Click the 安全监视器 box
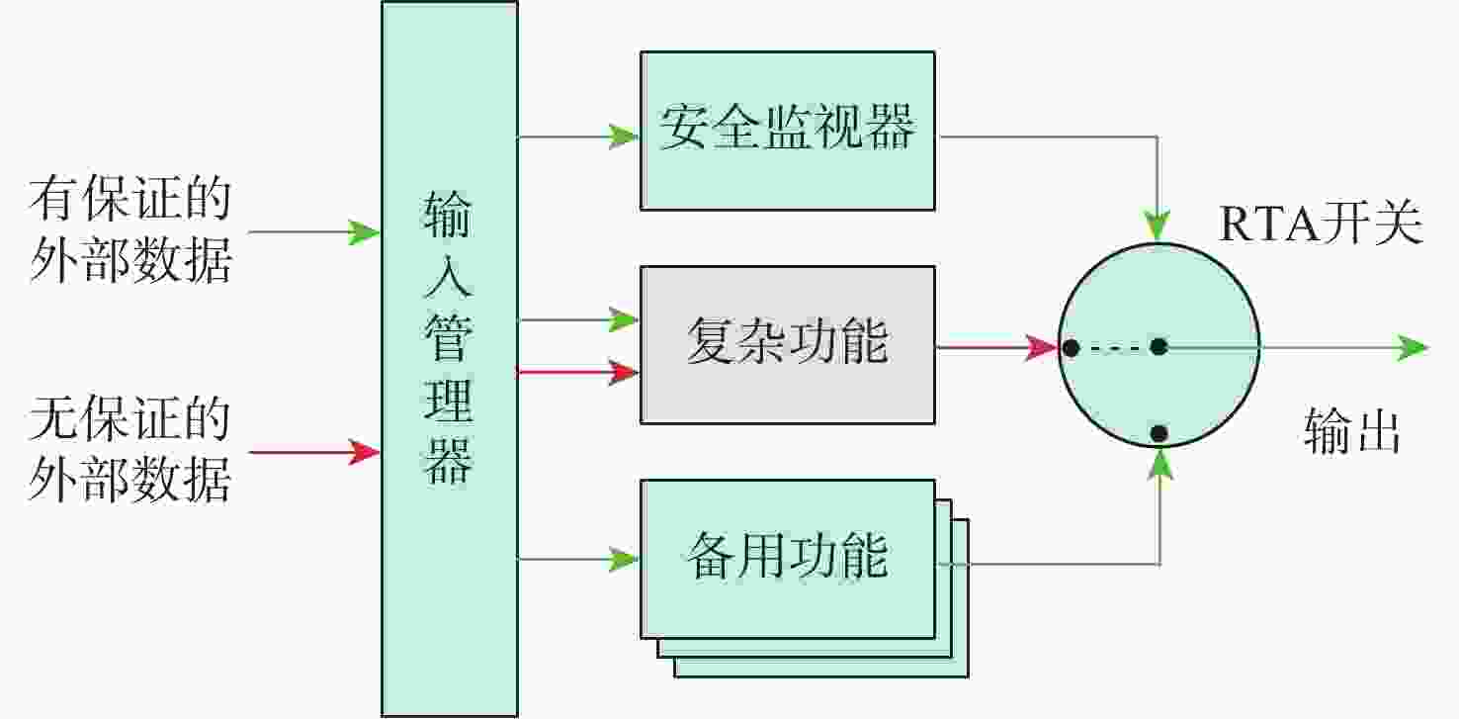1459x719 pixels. [x=788, y=131]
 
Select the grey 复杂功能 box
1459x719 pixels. [x=788, y=345]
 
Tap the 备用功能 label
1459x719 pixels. [x=788, y=556]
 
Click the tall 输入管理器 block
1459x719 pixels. [x=450, y=359]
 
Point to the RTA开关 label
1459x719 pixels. [x=1321, y=224]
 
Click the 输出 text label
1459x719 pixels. [x=1352, y=430]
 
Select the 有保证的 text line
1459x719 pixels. [x=130, y=198]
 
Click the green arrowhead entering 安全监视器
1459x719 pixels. [x=624, y=136]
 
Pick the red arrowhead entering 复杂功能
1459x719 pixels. [x=624, y=372]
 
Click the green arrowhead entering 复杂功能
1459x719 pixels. [x=624, y=319]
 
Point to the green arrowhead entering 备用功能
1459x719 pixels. [x=624, y=560]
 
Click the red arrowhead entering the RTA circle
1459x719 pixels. [x=1042, y=347]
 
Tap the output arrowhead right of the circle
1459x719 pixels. [x=1413, y=347]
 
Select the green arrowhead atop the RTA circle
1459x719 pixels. [x=1158, y=225]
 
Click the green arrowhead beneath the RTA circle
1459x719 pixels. [x=1160, y=465]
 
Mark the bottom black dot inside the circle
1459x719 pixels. [x=1159, y=433]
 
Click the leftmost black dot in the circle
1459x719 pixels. [x=1071, y=347]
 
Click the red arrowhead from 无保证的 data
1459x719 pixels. [x=364, y=452]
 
